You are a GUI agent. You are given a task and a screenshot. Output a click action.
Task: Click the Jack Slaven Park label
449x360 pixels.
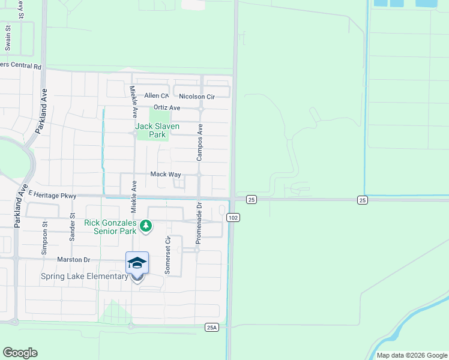(x=158, y=130)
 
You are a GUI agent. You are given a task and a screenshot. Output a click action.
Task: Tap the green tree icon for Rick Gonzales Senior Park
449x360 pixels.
(x=146, y=226)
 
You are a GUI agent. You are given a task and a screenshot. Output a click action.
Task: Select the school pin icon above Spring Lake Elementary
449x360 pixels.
(x=137, y=263)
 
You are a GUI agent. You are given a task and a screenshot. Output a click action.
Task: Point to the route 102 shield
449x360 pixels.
(x=234, y=218)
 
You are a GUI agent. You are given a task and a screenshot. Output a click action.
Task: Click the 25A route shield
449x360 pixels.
(x=211, y=327)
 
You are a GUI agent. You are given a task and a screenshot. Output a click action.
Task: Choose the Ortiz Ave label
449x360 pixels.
(x=167, y=107)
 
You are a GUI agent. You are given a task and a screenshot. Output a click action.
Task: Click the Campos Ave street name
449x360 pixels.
(x=200, y=143)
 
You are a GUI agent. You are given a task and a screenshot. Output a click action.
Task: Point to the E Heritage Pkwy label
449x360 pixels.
(x=52, y=195)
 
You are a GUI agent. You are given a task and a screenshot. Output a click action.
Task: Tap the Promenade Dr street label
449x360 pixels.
(x=197, y=223)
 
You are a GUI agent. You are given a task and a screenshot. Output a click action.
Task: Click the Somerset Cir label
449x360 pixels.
(x=168, y=255)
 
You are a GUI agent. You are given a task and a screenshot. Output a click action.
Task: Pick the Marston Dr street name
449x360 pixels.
(x=74, y=260)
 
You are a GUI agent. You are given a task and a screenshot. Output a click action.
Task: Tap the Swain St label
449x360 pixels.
(x=8, y=37)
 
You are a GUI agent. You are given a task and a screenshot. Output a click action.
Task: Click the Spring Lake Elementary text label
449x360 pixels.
(x=85, y=277)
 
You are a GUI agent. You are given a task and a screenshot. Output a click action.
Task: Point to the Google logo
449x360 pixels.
(x=20, y=353)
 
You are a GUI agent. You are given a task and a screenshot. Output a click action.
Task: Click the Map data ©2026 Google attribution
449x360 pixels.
(x=411, y=355)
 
